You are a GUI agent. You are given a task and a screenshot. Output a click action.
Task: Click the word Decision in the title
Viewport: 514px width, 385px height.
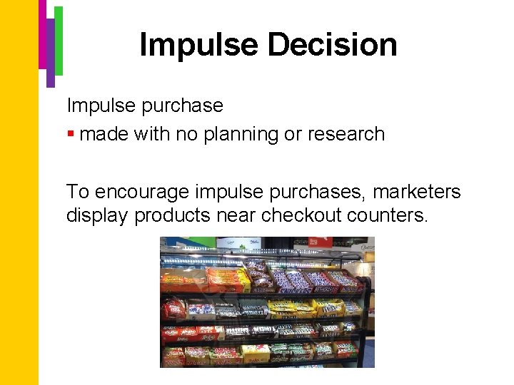[332, 45]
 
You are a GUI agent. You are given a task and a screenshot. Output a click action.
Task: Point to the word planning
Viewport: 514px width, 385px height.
[238, 134]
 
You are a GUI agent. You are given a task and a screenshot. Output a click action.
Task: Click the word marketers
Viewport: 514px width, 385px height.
[417, 192]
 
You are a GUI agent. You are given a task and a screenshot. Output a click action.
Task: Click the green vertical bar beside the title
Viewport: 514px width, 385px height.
[59, 39]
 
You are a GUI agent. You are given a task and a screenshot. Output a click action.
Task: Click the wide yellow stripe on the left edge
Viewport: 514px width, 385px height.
[19, 214]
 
